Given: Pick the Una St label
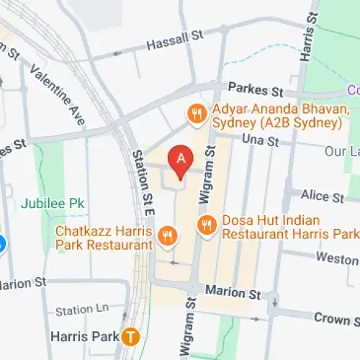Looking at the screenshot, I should click(260, 140).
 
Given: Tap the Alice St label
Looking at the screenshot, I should click(323, 196).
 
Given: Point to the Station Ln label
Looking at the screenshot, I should click(82, 310).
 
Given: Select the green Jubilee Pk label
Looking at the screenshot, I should click(53, 204).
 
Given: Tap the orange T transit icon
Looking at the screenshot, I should click(130, 336).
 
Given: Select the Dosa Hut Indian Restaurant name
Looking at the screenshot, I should click(290, 228).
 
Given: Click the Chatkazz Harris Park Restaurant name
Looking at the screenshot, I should click(105, 238).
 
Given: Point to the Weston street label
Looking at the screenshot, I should click(337, 258).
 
